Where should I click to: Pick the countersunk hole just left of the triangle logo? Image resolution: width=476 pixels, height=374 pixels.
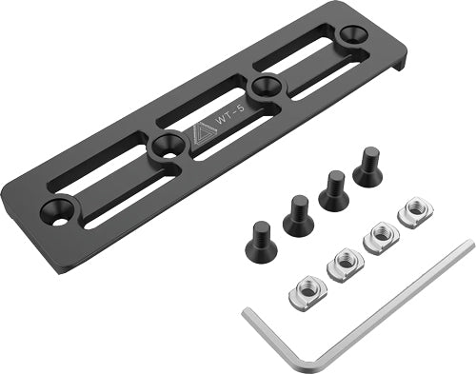[x=168, y=145]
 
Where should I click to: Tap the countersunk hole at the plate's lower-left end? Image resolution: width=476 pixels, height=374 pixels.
[x=63, y=207]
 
